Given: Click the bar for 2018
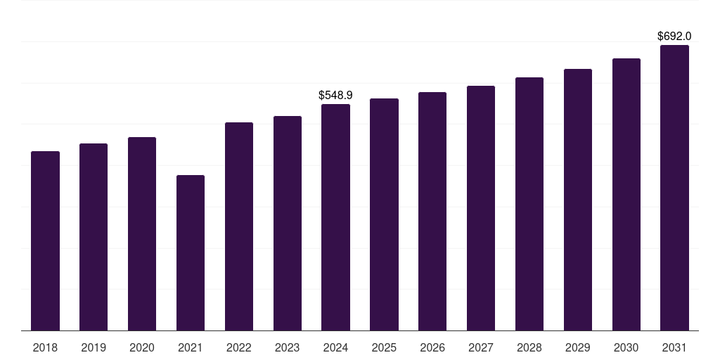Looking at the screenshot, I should click(45, 240).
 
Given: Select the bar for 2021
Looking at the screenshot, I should click(191, 252).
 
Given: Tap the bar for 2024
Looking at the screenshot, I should click(335, 217).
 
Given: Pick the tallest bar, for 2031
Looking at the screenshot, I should click(674, 188).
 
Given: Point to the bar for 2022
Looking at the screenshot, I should click(239, 226).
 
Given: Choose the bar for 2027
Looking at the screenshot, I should click(481, 208).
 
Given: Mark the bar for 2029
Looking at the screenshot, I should click(578, 200).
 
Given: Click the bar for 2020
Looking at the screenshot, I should click(142, 233).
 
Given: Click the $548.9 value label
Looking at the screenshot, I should click(335, 95).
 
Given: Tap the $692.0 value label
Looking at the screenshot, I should click(674, 36).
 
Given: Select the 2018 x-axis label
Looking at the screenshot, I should click(45, 347).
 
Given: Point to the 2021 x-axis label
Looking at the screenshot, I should click(191, 347).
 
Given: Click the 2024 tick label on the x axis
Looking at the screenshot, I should click(335, 347).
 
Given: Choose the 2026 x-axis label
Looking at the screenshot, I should click(432, 347).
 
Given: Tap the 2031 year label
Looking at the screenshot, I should click(674, 347).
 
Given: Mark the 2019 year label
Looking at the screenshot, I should click(94, 347).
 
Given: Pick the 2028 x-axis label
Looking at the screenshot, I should click(529, 347).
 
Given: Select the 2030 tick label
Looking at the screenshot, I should click(626, 347).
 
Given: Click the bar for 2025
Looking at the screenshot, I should click(384, 214).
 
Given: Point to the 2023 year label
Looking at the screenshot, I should click(288, 347).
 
